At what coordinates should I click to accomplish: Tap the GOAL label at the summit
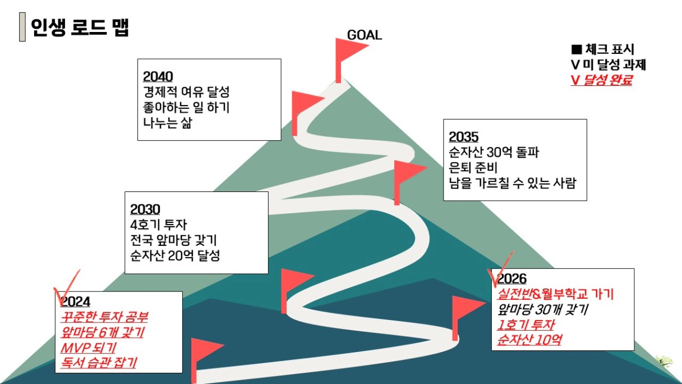[365, 35]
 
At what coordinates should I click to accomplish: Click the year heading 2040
[158, 77]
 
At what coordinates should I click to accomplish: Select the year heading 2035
[463, 137]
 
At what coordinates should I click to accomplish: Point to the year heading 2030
[145, 209]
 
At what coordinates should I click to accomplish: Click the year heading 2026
[512, 279]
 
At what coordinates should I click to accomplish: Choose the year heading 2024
[75, 301]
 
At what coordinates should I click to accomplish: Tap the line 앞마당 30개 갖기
[542, 309]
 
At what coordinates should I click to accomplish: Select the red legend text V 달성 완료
[601, 80]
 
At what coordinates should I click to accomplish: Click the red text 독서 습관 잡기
[98, 363]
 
